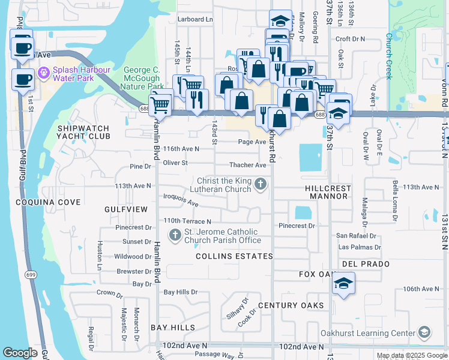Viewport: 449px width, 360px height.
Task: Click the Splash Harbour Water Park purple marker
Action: click(x=43, y=73)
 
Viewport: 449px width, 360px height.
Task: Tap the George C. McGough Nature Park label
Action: click(x=142, y=79)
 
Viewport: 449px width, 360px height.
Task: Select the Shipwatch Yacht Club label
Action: click(x=84, y=132)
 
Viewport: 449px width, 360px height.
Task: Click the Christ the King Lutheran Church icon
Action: click(x=260, y=184)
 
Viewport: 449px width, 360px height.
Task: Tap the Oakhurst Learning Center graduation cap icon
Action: click(x=424, y=333)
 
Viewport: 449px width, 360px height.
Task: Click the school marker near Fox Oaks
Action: click(x=342, y=284)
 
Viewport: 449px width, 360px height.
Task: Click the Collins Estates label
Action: click(x=235, y=256)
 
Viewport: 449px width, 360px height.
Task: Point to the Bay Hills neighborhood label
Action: click(x=173, y=328)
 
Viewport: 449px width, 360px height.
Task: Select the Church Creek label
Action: click(x=389, y=56)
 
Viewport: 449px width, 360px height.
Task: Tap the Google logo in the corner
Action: click(x=20, y=353)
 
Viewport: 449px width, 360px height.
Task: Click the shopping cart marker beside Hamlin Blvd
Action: click(x=160, y=104)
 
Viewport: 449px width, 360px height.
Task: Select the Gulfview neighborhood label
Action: click(x=125, y=209)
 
